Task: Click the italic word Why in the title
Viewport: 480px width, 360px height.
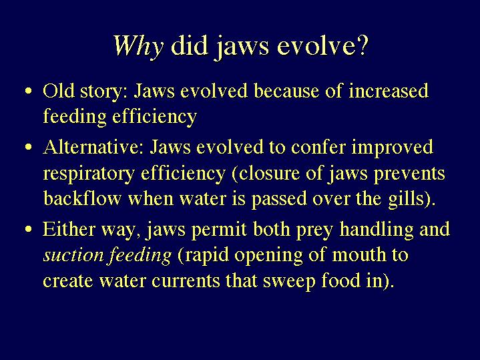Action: [139, 47]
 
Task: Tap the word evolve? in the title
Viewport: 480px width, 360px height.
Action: [322, 45]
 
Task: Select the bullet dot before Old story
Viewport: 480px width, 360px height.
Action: [29, 91]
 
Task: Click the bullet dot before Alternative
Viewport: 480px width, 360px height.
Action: [29, 147]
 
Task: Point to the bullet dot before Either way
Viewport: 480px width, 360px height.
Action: [29, 229]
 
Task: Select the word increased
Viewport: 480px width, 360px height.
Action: [389, 91]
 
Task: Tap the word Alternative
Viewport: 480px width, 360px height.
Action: [93, 147]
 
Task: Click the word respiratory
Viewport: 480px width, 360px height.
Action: [89, 174]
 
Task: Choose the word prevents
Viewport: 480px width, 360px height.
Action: [409, 174]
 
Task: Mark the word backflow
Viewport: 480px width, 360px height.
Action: [82, 198]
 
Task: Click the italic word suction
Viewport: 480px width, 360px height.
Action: [73, 256]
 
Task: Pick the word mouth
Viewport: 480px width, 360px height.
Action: [358, 255]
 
